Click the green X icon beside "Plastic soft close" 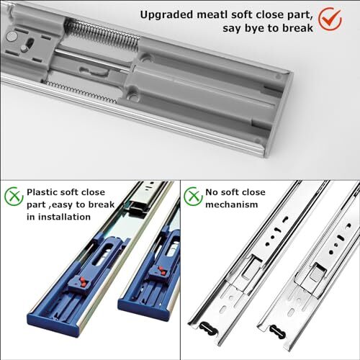point(13,195)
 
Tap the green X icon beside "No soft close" point(192,195)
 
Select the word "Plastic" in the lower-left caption point(46,192)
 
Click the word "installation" point(71,220)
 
